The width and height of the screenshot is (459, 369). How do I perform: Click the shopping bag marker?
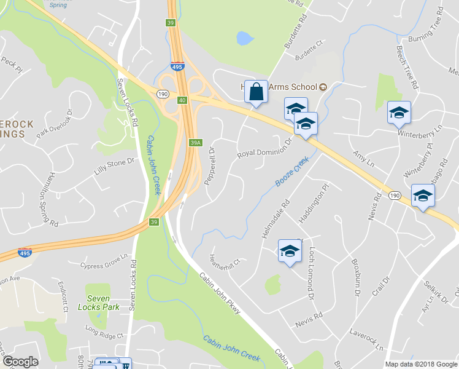[x=256, y=92]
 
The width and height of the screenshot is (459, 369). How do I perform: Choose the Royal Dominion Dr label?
[x=266, y=145]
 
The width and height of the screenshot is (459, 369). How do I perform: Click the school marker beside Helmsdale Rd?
[x=290, y=251]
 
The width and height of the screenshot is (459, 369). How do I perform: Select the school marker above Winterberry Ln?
[x=399, y=113]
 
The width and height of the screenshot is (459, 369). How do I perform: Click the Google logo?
[x=20, y=362]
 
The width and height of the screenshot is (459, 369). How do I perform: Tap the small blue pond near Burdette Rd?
[x=244, y=38]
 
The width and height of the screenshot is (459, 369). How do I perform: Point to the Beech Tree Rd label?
[x=407, y=67]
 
